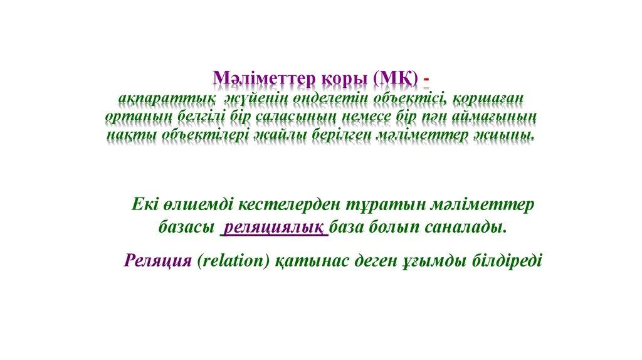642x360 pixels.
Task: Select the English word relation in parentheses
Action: tap(234, 260)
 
